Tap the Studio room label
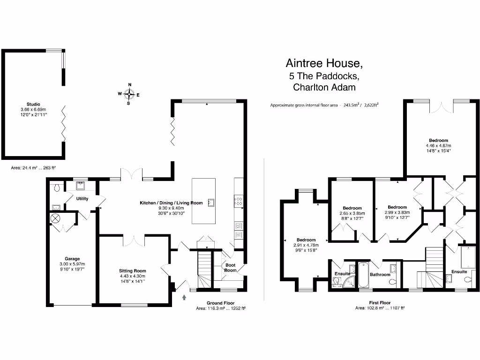[33, 104]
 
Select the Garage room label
[72, 258]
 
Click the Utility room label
[82, 199]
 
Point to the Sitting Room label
[132, 270]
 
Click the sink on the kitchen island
[212, 202]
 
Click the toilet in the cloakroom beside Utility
[57, 187]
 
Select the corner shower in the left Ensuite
[348, 282]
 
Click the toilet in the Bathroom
[393, 282]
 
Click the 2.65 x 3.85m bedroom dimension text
[352, 213]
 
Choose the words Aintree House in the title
[324, 63]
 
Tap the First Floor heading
[379, 303]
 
